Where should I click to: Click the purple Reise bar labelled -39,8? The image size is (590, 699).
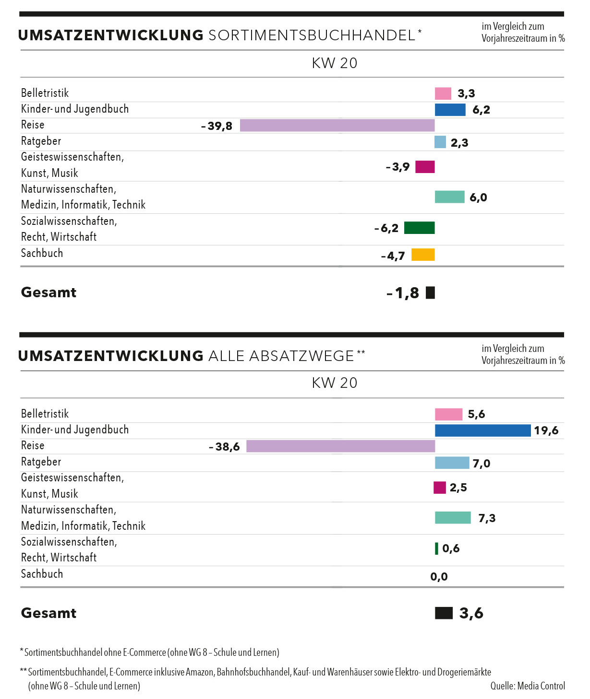point(337,125)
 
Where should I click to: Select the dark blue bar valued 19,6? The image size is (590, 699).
point(482,430)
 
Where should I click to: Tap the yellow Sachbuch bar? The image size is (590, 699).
point(423,255)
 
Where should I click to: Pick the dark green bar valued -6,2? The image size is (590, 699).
point(419,228)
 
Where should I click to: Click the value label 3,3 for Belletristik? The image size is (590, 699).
point(466,93)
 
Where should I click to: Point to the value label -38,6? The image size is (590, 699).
point(225,447)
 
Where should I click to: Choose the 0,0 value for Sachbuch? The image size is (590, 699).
point(439,577)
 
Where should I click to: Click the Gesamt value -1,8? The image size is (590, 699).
point(403,293)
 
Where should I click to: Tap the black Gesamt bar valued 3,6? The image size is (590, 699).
point(444,613)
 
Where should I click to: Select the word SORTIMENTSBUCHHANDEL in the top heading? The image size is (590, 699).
point(312,35)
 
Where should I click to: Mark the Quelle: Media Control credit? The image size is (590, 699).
point(527,686)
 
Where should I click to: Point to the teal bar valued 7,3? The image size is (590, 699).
point(453,518)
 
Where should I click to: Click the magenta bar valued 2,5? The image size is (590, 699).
point(440,488)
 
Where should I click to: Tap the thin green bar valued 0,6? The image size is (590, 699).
point(436,548)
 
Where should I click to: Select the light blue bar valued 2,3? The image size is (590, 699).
point(440,142)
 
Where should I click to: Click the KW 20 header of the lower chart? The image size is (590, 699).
point(335,383)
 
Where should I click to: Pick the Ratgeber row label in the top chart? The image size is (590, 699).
point(41,141)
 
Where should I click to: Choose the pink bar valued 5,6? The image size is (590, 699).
point(448,414)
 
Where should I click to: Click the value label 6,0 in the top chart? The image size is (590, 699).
point(478,198)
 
